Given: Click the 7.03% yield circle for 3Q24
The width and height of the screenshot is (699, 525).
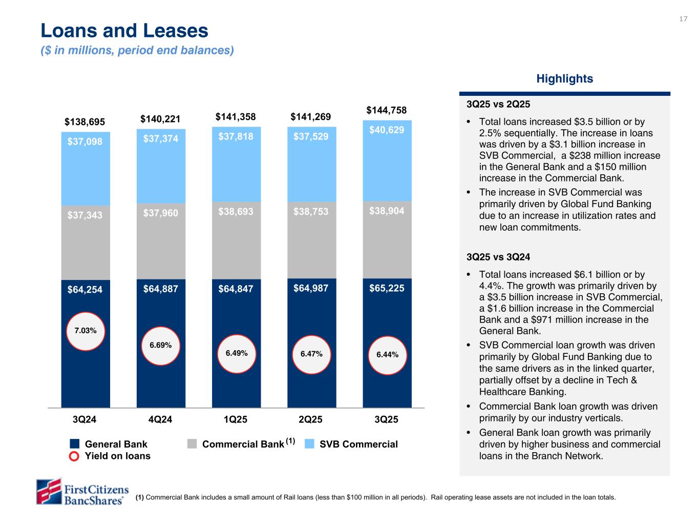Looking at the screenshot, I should tap(86, 331).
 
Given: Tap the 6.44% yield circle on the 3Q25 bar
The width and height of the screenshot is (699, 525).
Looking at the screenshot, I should tap(387, 354).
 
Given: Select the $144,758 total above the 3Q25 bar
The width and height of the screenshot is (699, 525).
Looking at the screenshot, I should tap(387, 110).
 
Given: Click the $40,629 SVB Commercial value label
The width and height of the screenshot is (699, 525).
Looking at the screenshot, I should tap(387, 130).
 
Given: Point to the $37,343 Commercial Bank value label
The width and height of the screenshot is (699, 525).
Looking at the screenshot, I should tap(85, 215).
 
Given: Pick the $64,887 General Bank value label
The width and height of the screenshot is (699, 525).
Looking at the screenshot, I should tap(161, 289).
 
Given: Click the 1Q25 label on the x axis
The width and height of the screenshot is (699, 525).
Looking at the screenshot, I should tap(236, 419).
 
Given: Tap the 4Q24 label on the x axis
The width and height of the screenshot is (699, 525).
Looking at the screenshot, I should tap(160, 419).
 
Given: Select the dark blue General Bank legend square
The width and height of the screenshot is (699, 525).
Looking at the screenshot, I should tap(75, 444).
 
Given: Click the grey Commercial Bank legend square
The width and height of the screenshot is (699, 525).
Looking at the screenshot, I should tap(192, 444).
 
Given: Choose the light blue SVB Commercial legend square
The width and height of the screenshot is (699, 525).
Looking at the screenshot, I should tap(309, 444).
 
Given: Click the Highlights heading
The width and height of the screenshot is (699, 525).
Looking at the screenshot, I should tap(564, 78).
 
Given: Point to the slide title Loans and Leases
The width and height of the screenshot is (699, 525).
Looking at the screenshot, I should tap(124, 31).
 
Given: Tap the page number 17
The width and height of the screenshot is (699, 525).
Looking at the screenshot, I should tap(683, 19).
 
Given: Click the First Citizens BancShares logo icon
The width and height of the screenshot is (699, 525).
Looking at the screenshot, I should tap(48, 491).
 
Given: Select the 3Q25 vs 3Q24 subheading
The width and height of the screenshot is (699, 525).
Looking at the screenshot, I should tap(498, 257).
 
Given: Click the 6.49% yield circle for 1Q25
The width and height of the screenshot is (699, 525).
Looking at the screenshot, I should tap(236, 353).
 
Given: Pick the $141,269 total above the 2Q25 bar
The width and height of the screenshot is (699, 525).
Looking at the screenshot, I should tap(311, 117).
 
